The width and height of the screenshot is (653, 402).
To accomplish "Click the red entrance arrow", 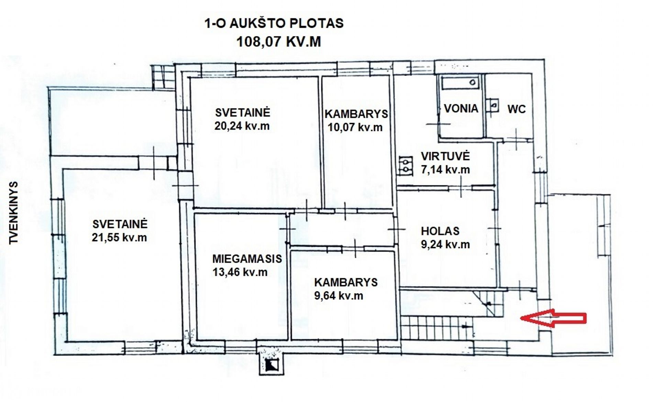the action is pos(553,318).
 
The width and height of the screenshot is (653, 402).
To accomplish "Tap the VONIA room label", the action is pos(461,109).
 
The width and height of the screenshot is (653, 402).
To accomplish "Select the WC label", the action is pos(517,109).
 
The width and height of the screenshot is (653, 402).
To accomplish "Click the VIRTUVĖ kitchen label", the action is pos(445,156).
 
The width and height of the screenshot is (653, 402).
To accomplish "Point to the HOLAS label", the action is pos(440,231).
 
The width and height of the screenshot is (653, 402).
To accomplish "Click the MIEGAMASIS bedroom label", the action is pos(247,259).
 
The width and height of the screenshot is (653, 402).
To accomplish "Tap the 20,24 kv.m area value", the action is pos(242,126).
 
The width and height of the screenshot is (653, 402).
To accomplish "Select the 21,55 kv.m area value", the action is pos(119,237).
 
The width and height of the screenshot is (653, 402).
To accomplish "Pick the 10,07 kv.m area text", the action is pos(355,127).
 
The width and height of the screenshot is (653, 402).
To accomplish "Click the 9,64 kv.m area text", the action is pos(339,295).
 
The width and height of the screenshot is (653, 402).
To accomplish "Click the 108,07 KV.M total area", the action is pos(278,42).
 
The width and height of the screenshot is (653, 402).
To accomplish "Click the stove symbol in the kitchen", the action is pos(406,165).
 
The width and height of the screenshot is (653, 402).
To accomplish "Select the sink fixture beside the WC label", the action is pos(494,105).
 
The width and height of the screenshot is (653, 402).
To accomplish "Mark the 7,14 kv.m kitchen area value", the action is pos(445,169).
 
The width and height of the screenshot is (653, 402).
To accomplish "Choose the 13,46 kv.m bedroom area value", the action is pos(240,272).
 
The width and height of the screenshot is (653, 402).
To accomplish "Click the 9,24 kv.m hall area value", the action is pos(445,244).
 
